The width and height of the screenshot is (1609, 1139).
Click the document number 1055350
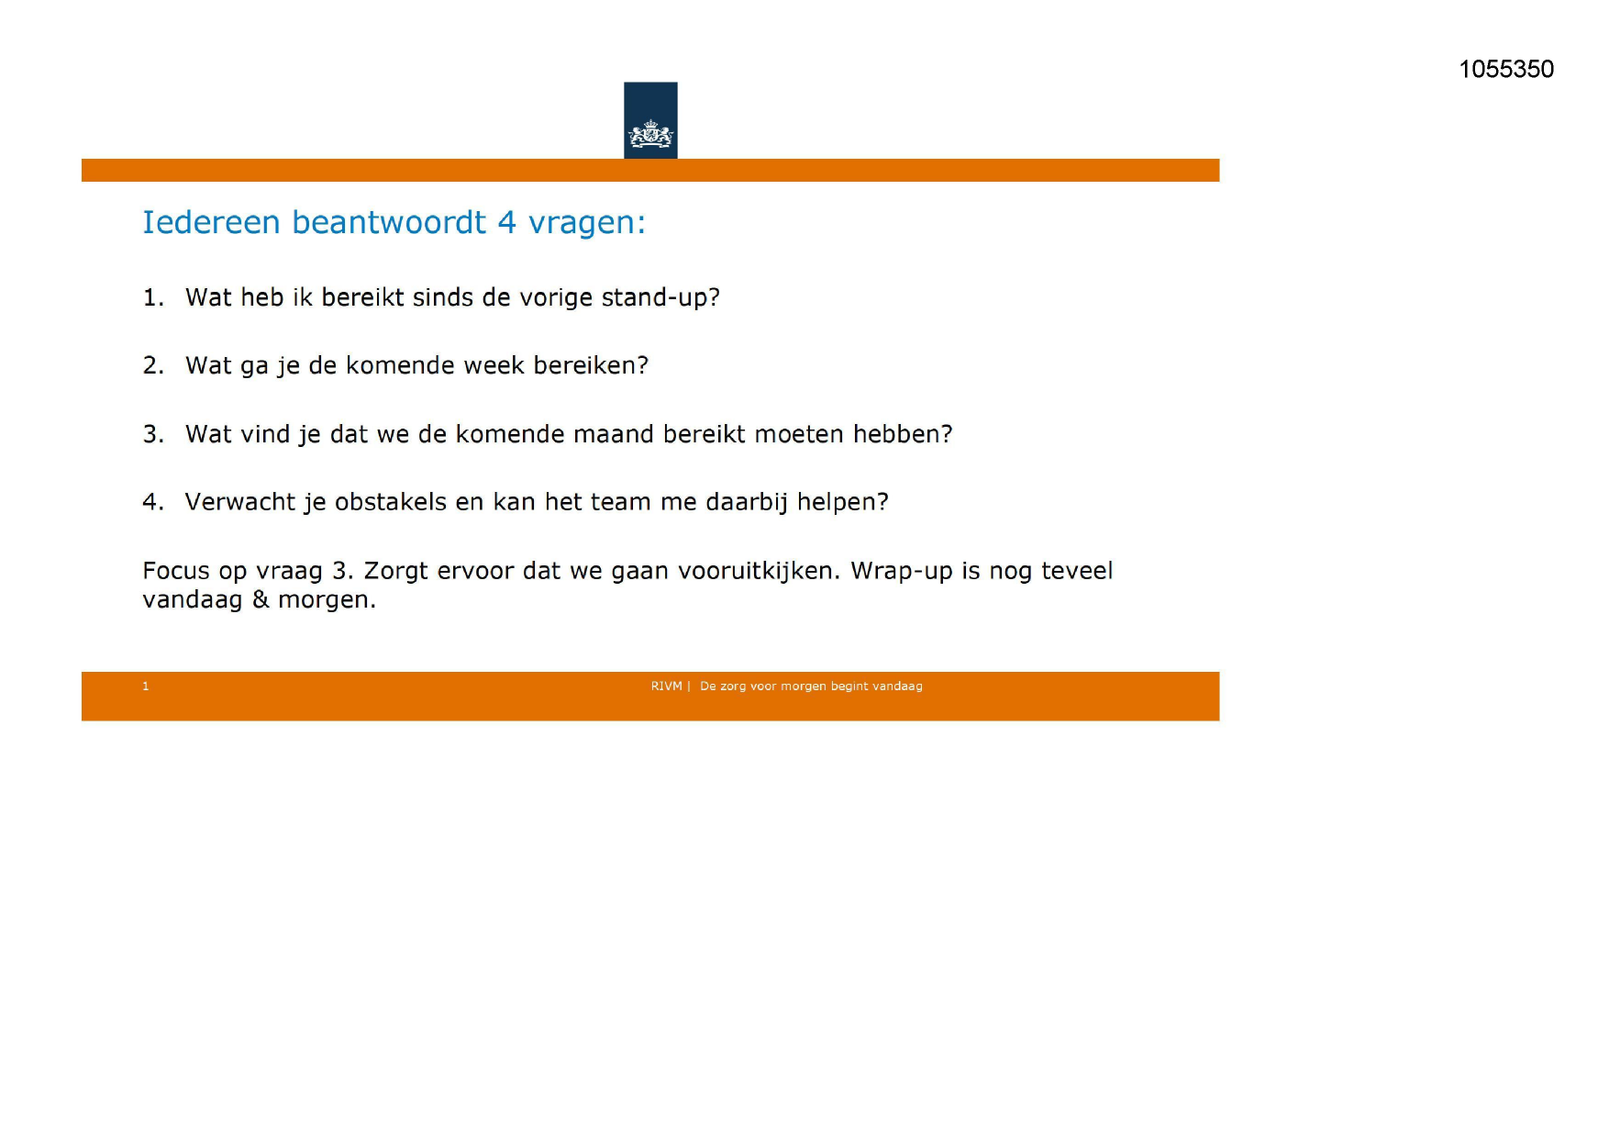click(1505, 70)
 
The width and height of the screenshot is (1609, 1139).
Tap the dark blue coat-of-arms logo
click(650, 120)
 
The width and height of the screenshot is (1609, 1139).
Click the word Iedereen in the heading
click(211, 223)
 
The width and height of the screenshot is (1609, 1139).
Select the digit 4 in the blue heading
click(506, 223)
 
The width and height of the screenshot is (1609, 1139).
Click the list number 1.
click(151, 298)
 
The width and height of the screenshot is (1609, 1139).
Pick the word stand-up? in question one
click(660, 298)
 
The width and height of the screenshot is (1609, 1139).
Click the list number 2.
click(152, 366)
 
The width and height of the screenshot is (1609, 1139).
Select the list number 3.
click(152, 434)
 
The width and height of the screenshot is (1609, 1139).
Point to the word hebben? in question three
click(903, 434)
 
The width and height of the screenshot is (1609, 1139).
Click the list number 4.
click(152, 502)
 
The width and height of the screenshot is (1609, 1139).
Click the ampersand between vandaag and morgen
click(261, 599)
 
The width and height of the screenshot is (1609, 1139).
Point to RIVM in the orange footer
click(666, 687)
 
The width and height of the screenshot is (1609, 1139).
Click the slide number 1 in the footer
click(146, 687)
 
